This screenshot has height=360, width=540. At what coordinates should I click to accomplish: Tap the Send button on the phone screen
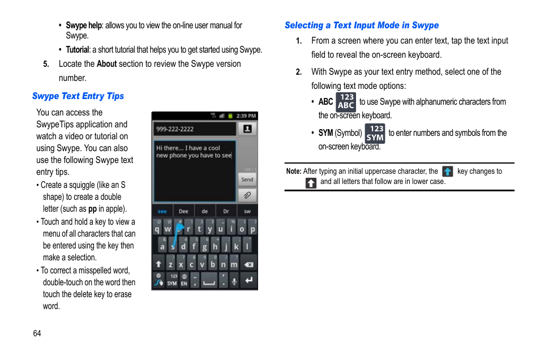(247, 179)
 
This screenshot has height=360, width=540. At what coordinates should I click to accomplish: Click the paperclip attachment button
(247, 195)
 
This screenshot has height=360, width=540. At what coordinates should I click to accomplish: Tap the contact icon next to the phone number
(247, 129)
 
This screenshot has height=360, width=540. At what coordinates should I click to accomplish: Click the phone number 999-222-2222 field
(194, 129)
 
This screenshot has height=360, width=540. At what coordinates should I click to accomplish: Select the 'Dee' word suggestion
(183, 211)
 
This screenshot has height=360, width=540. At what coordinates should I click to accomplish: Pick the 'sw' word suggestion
(247, 211)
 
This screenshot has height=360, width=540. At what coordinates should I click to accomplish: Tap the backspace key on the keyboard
(248, 264)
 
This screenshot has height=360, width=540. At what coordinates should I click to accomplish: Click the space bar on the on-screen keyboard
(209, 280)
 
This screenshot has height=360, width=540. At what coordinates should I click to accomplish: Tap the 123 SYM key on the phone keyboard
(172, 280)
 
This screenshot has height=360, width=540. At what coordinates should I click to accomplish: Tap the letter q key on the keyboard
(157, 229)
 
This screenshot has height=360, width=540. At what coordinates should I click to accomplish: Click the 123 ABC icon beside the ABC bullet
(346, 102)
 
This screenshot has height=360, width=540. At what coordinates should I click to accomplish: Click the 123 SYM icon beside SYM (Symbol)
(375, 133)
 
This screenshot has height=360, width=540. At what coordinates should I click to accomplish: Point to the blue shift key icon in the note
(448, 172)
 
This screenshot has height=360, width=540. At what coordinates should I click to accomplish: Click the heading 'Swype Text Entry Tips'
(78, 96)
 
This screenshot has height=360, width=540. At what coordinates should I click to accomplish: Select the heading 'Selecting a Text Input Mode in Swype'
(361, 25)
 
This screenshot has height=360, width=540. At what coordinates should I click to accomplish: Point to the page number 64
(37, 333)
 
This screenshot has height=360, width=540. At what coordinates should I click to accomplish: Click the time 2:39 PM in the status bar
(247, 115)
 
